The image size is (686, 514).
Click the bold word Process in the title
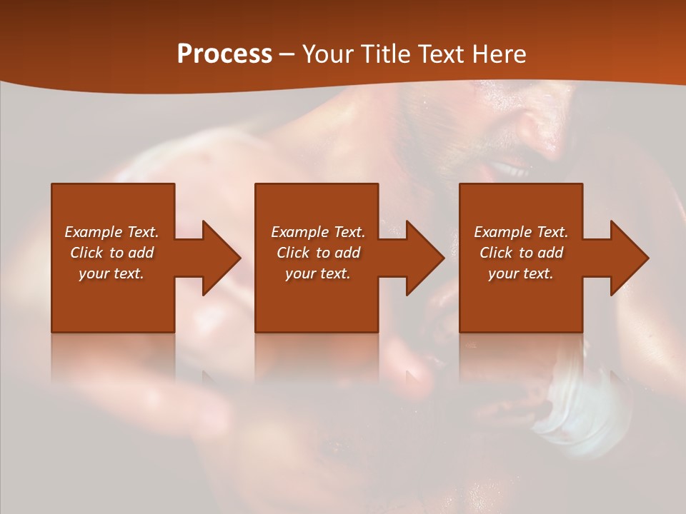(x=224, y=54)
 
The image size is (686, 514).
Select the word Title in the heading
(x=388, y=54)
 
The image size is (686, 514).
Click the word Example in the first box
(x=94, y=232)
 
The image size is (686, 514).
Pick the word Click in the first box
(x=87, y=253)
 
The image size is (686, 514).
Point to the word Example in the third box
(x=503, y=232)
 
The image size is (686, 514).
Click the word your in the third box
(x=503, y=273)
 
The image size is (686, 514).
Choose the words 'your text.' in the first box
(x=111, y=273)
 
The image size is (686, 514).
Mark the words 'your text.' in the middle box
(x=318, y=273)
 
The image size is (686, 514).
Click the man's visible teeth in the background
(x=509, y=170)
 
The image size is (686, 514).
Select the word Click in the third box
(x=497, y=253)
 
